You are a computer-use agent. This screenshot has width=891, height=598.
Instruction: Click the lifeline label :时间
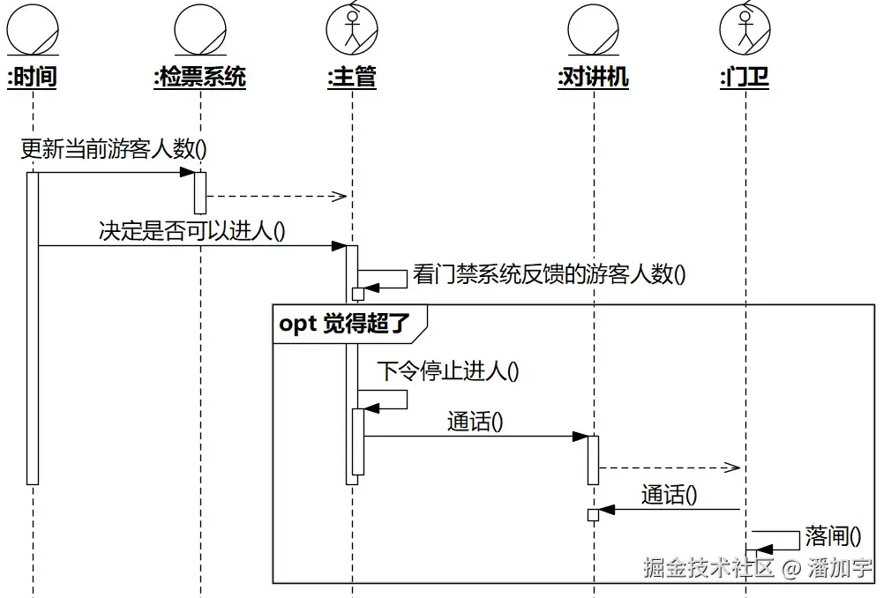pyautogui.click(x=32, y=78)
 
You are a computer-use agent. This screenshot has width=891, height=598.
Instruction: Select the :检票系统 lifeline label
pyautogui.click(x=199, y=78)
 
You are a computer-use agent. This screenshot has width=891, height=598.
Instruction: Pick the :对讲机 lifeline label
pyautogui.click(x=593, y=78)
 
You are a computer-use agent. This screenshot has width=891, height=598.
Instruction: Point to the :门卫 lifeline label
pyautogui.click(x=745, y=78)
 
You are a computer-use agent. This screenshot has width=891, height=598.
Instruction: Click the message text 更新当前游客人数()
pyautogui.click(x=114, y=149)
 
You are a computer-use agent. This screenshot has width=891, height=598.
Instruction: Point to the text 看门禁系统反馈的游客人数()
pyautogui.click(x=549, y=274)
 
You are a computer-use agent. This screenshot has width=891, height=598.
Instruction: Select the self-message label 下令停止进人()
pyautogui.click(x=447, y=370)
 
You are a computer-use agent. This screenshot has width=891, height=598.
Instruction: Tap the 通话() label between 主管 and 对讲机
pyautogui.click(x=475, y=422)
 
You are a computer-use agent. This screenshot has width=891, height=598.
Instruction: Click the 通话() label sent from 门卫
pyautogui.click(x=669, y=495)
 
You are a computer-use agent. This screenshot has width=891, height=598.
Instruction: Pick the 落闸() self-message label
pyautogui.click(x=832, y=535)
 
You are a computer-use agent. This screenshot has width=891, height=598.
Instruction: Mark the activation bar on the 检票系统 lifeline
pyautogui.click(x=200, y=192)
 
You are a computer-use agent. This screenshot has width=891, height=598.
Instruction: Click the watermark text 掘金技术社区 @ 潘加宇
pyautogui.click(x=758, y=567)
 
